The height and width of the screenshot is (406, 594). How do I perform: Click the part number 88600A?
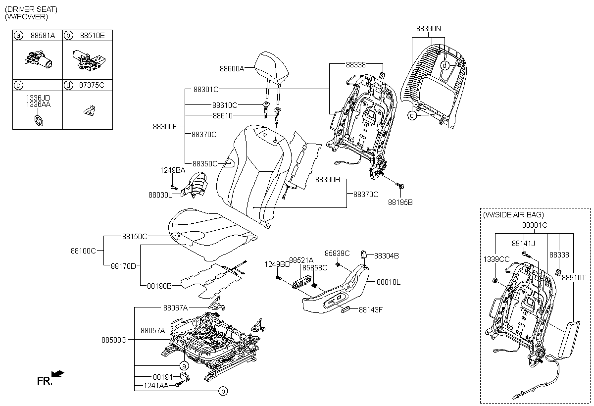coord(232,69)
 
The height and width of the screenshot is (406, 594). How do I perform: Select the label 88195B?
coord(400,203)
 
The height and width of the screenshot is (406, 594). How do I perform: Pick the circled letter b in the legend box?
coord(68,36)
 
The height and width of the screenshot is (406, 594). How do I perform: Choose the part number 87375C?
coord(92,85)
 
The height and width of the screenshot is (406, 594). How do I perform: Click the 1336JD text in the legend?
coord(38,98)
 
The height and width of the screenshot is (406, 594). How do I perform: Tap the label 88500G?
coord(114,340)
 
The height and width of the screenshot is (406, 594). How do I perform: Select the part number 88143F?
coord(371,310)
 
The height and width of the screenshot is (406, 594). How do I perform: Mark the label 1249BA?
coord(172,170)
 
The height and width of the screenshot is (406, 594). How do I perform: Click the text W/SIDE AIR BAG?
coord(513,215)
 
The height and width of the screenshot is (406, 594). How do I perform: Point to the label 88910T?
coord(574,278)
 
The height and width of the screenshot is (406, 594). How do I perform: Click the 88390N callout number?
coord(428,29)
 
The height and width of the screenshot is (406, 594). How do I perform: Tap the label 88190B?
coord(159,286)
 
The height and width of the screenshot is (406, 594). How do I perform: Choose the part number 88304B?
coord(386,256)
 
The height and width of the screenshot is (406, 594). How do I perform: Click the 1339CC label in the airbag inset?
coord(496,258)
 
